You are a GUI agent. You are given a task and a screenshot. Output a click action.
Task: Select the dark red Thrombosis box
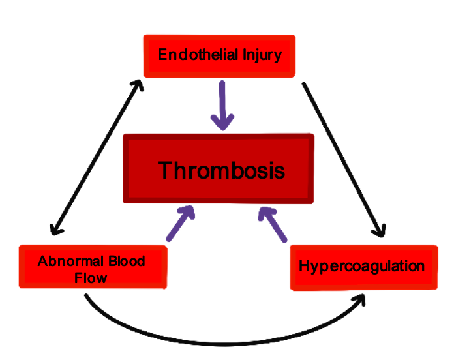pos(219,169)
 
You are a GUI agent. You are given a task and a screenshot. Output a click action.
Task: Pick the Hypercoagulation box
pos(363,266)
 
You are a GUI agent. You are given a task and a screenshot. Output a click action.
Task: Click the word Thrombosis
pos(222,170)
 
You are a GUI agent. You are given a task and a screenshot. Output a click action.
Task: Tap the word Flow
pos(91,278)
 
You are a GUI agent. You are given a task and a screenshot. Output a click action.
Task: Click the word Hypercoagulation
pos(362,266)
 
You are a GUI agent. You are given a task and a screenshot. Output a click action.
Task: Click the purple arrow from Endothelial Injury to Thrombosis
pos(224,104)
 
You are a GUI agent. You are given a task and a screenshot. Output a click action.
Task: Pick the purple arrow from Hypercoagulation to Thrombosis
pos(273,223)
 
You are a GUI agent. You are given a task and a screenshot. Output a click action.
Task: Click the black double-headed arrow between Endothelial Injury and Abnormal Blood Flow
pos(95,157)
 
